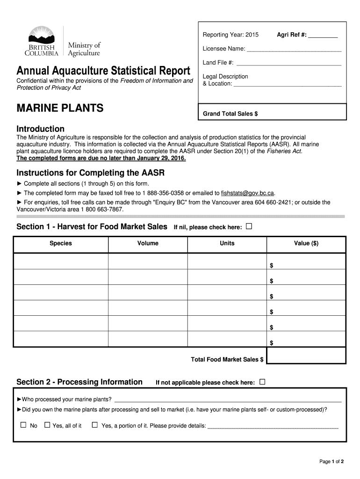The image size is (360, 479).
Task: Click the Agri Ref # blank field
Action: tap(323, 36)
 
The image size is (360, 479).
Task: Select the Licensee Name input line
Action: tap(294, 49)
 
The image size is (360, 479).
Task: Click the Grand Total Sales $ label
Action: tap(230, 114)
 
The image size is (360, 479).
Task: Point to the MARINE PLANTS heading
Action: tap(60, 108)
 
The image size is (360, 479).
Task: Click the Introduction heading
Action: tap(41, 129)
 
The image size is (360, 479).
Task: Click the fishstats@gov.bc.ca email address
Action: tap(248, 193)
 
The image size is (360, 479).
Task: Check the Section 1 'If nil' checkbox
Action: tap(249, 227)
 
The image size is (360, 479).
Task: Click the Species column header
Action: tap(61, 243)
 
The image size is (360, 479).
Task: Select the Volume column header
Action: tap(148, 243)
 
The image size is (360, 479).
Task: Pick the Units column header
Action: tap(227, 243)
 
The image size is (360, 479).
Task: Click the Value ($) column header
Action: tap(306, 243)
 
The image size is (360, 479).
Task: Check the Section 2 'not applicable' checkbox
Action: tap(262, 382)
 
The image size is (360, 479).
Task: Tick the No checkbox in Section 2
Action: tap(23, 425)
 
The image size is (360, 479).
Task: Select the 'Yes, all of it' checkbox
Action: tap(47, 425)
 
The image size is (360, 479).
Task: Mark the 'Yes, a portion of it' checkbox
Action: tap(95, 425)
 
